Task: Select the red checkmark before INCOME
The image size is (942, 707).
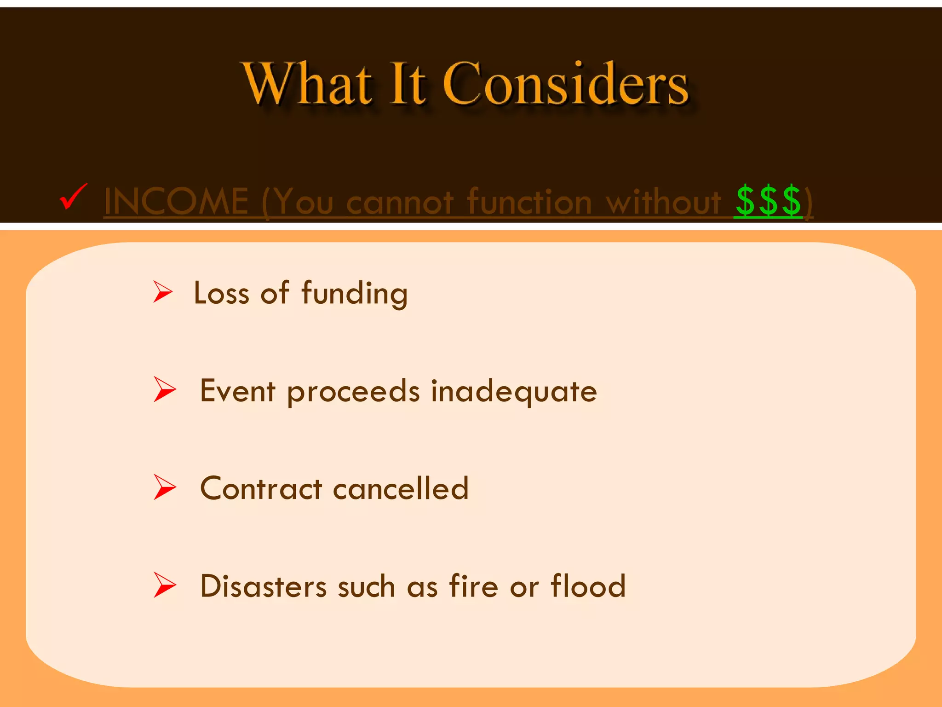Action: click(x=73, y=197)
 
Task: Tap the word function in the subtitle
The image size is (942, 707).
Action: click(x=529, y=202)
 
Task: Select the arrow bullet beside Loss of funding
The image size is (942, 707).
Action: click(x=162, y=292)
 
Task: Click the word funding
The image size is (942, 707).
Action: click(x=354, y=294)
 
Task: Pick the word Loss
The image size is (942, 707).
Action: click(x=221, y=293)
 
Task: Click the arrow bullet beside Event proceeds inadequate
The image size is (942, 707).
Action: click(x=164, y=389)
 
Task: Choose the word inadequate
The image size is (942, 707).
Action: click(x=514, y=391)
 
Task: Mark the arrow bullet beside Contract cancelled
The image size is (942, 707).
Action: click(x=164, y=487)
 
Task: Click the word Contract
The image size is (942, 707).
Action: click(x=261, y=489)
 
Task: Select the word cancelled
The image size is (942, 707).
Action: click(x=401, y=489)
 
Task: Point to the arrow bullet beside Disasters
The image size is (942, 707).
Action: click(x=164, y=585)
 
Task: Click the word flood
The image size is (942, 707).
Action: click(x=588, y=586)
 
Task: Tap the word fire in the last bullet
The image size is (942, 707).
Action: click(x=473, y=586)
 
